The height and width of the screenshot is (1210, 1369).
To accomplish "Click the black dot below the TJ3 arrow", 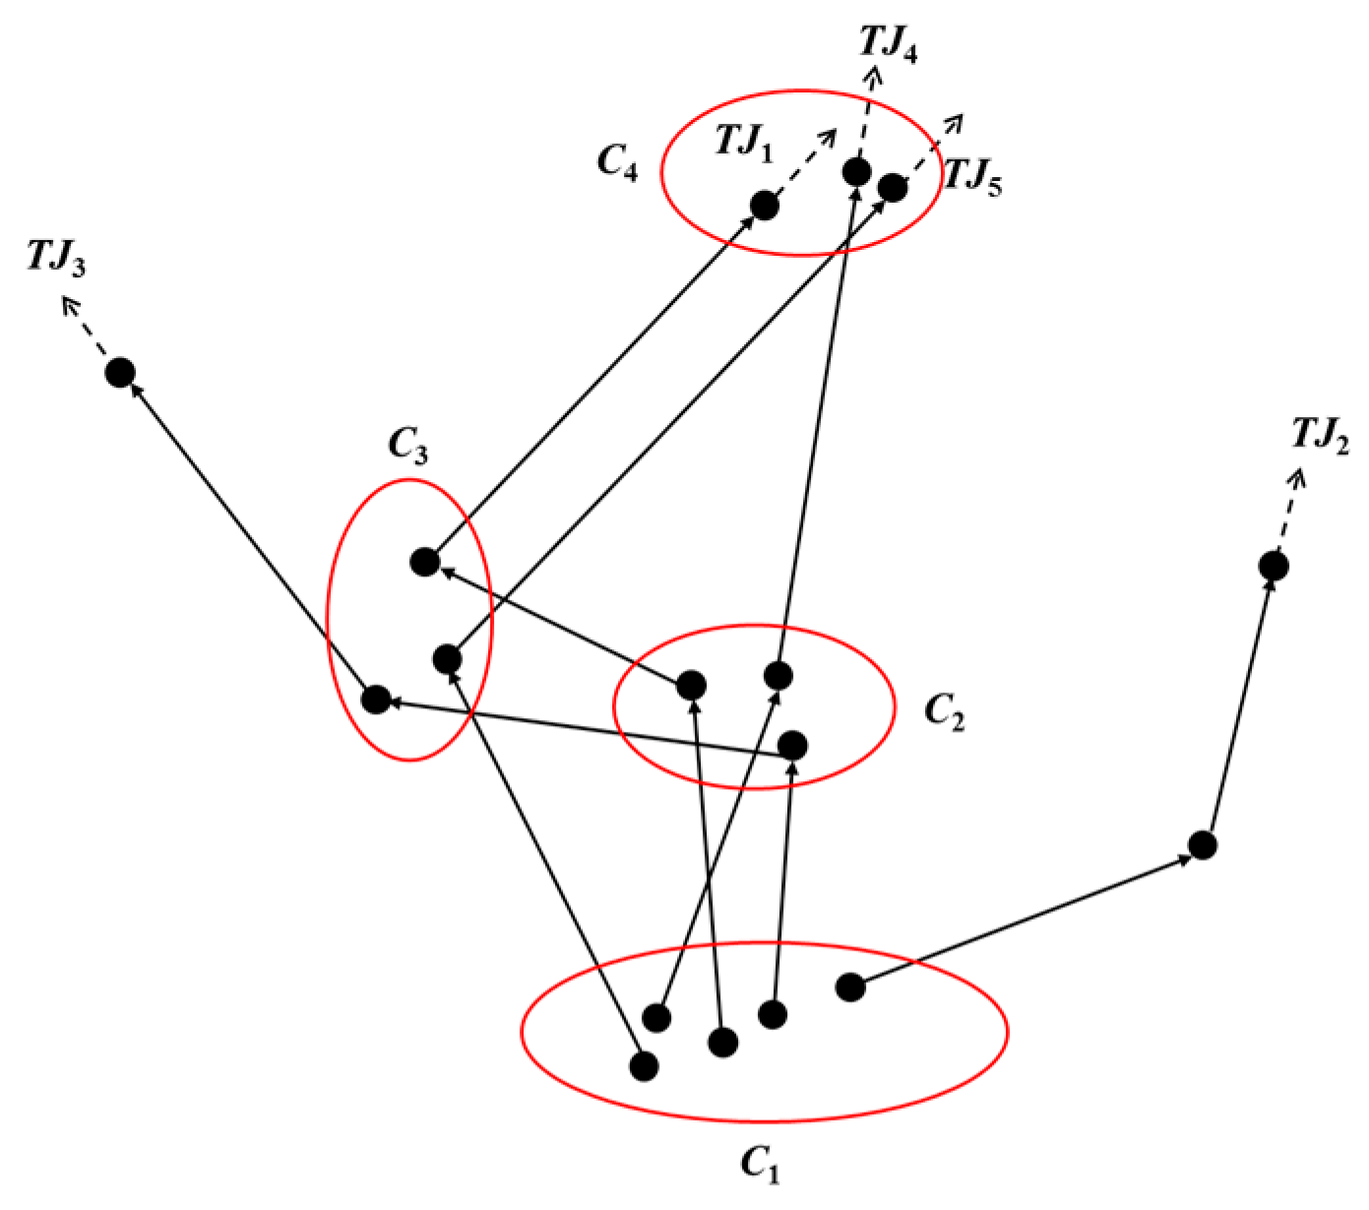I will coord(119,373).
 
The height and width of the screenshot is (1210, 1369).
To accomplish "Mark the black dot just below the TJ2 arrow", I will coord(1274,566).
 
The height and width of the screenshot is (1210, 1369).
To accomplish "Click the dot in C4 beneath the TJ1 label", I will coord(764,206).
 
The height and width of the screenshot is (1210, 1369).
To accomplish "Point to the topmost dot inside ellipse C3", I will coord(424,562).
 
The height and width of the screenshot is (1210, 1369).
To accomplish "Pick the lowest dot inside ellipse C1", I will coord(644,1065).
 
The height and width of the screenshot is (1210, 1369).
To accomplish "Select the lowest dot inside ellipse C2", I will coord(793,745).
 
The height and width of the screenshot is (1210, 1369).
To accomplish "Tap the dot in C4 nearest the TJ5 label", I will coord(892,187).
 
